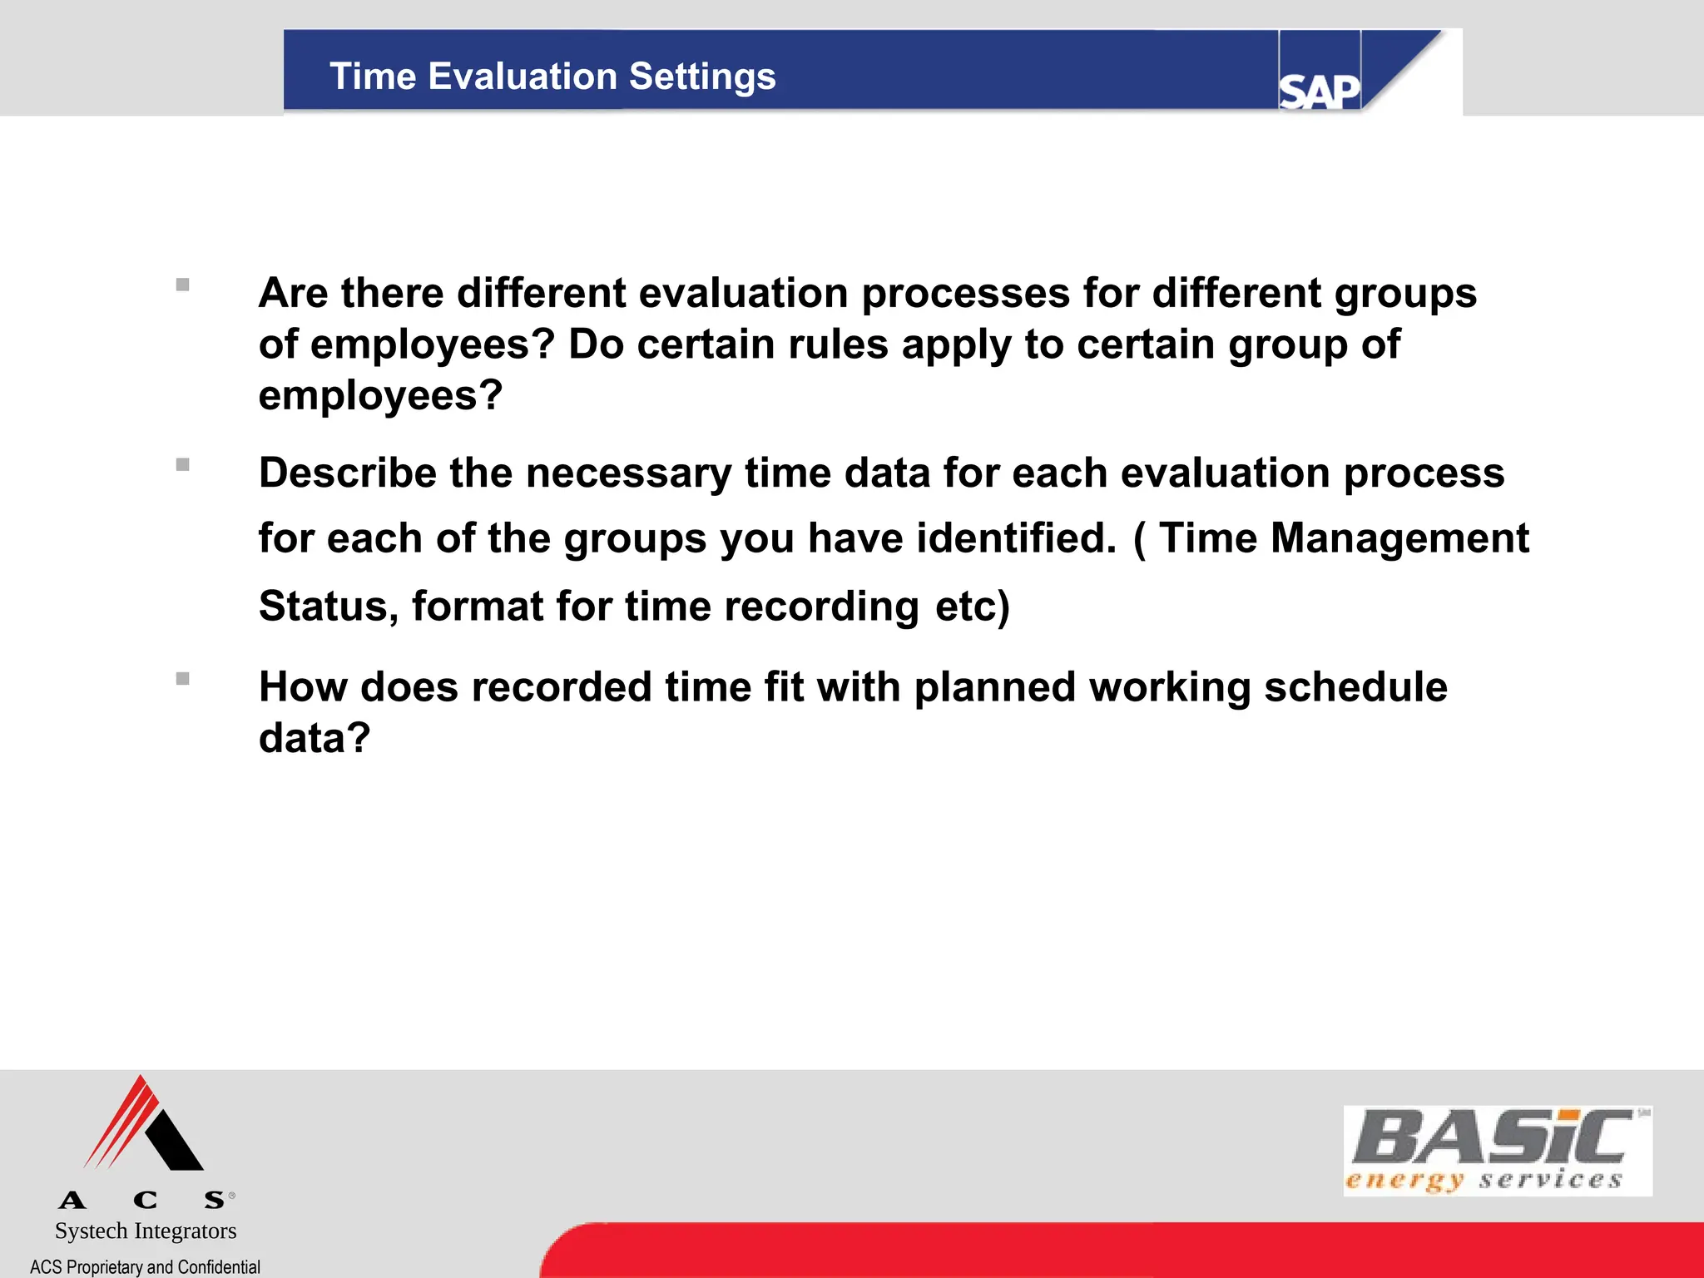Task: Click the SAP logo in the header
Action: tap(1319, 90)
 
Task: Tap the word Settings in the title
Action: tap(702, 77)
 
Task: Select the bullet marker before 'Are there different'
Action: tap(183, 285)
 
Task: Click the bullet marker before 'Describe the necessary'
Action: tap(183, 464)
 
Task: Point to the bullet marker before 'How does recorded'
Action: tap(183, 678)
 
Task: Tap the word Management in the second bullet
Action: tap(1399, 537)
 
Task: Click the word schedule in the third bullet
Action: tap(1355, 687)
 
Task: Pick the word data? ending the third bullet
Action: tap(315, 738)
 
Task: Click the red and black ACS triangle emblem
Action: tap(145, 1125)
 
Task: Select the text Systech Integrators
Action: tap(146, 1231)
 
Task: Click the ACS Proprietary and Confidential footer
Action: tap(145, 1267)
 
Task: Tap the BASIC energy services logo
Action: tap(1497, 1151)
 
